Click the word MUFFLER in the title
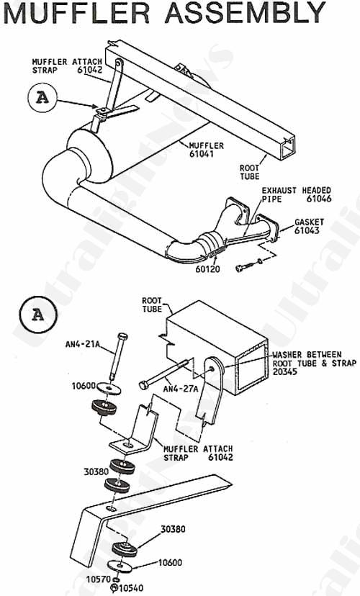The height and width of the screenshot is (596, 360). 76,12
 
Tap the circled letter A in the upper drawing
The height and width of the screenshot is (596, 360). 42,98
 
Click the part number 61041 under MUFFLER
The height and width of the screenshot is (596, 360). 201,154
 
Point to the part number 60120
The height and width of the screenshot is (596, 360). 208,268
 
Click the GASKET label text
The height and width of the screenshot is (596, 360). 309,222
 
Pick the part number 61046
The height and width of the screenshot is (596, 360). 318,199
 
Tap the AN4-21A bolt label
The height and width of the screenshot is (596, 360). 82,345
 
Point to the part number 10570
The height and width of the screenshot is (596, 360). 99,579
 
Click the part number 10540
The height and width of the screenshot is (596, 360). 132,588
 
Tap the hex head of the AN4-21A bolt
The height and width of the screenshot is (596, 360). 123,337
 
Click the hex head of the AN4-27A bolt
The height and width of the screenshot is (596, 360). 144,385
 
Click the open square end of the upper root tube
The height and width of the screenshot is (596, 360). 288,148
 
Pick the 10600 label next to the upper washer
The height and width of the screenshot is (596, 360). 84,387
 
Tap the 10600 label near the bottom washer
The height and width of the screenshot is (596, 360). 170,563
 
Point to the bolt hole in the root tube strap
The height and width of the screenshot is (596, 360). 211,369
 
